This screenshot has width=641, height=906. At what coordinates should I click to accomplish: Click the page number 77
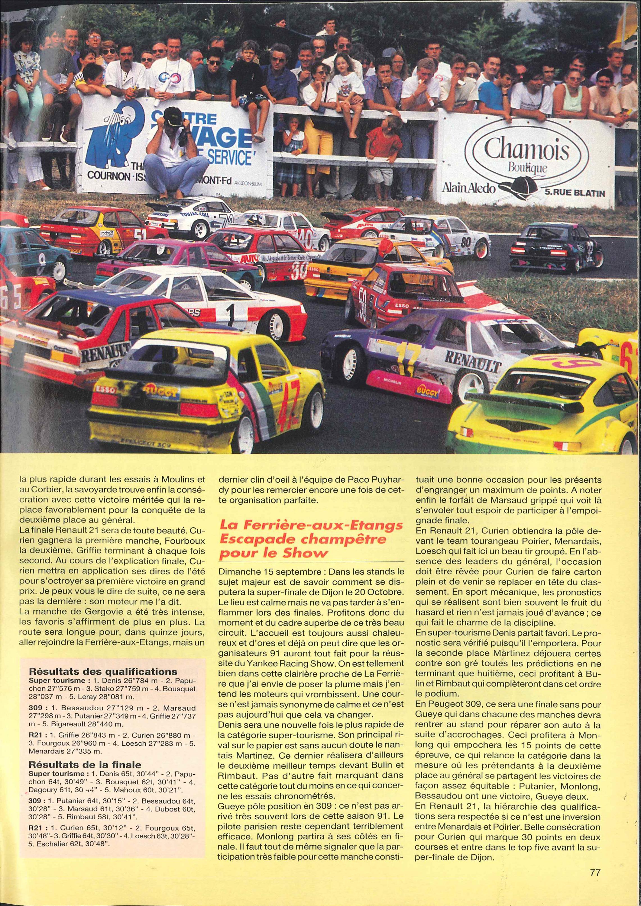tap(595, 880)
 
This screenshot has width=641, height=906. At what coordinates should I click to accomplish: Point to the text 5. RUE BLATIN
tap(574, 193)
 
